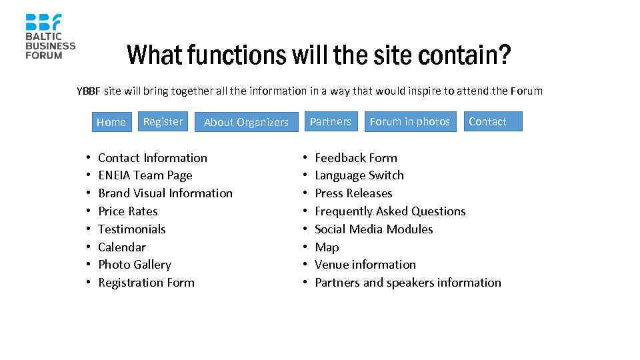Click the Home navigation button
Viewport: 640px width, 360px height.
pos(111,122)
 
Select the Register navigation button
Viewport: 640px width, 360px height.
pos(163,121)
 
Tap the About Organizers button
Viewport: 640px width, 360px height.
pos(246,122)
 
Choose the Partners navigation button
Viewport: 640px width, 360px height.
pos(331,121)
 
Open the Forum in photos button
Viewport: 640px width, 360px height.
pos(410,121)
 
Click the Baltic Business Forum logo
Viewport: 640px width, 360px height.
pos(50,36)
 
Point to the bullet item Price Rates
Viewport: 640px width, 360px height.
pos(128,211)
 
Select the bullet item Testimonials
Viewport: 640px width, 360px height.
pos(132,229)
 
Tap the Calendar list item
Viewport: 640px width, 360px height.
pos(122,247)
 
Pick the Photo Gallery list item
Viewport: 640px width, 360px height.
pos(135,265)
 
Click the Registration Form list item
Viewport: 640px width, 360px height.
pos(146,283)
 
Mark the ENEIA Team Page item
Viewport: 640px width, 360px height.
pos(145,175)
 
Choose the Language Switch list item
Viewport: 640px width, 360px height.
pos(359,175)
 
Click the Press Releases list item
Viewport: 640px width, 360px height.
pos(353,193)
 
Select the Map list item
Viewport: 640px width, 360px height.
pos(327,247)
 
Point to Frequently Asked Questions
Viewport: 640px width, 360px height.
pos(390,211)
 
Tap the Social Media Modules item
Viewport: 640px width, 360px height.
pos(373,229)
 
